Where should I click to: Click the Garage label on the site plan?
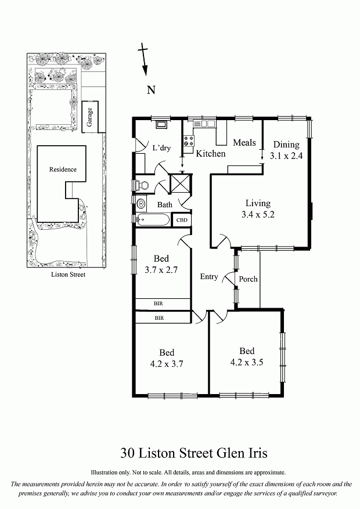89,117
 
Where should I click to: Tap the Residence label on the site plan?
63,169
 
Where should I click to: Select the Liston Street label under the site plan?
68,275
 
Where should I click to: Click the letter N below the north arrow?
151,90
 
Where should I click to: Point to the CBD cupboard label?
182,220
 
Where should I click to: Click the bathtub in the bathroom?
153,220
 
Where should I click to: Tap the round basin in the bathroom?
141,204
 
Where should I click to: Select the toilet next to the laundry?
142,185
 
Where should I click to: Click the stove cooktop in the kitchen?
189,141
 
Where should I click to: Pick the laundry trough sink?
161,124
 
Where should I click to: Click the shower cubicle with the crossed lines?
181,183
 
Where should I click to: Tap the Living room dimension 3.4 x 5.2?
258,214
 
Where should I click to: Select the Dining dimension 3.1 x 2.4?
286,156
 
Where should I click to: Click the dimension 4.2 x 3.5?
247,362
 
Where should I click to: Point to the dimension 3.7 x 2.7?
161,270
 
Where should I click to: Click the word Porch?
248,279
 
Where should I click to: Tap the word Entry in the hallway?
208,277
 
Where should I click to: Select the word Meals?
244,143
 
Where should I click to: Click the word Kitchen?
210,154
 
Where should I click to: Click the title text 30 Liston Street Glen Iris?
194,453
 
